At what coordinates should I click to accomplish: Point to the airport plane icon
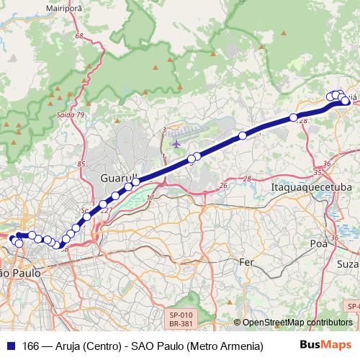176,144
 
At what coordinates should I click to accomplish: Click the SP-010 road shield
181,315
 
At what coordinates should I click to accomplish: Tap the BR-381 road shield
181,325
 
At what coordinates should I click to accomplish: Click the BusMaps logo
326,346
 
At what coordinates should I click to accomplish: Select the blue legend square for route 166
11,346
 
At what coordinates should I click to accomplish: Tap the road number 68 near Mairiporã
78,35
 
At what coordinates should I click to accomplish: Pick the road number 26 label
223,186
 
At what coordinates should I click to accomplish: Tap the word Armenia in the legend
238,346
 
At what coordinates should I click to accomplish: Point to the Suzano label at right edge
348,264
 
